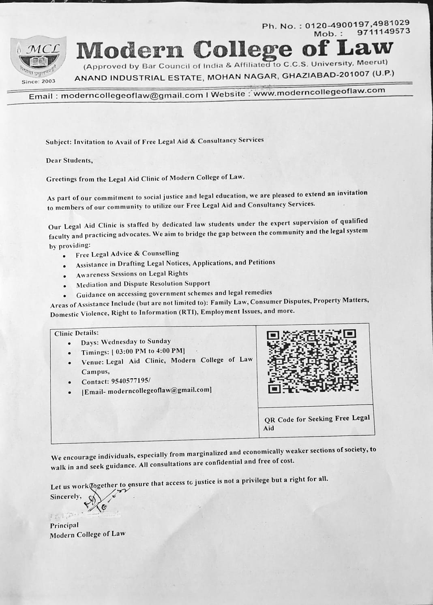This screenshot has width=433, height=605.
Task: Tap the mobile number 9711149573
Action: pyautogui.click(x=384, y=32)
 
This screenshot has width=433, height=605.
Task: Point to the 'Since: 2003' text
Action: pyautogui.click(x=39, y=81)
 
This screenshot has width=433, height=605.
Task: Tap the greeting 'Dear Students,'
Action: pyautogui.click(x=69, y=160)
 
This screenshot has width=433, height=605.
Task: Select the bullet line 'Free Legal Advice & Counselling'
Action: pyautogui.click(x=127, y=254)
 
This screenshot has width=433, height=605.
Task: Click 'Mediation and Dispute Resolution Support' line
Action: pyautogui.click(x=143, y=284)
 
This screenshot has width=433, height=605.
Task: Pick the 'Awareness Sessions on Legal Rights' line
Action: pyautogui.click(x=132, y=274)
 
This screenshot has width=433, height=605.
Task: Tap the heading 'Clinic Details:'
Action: pyautogui.click(x=76, y=333)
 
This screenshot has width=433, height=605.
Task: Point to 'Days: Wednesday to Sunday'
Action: pyautogui.click(x=126, y=342)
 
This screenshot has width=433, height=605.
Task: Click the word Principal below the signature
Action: pyautogui.click(x=64, y=525)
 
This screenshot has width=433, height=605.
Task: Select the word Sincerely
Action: pyautogui.click(x=66, y=497)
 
